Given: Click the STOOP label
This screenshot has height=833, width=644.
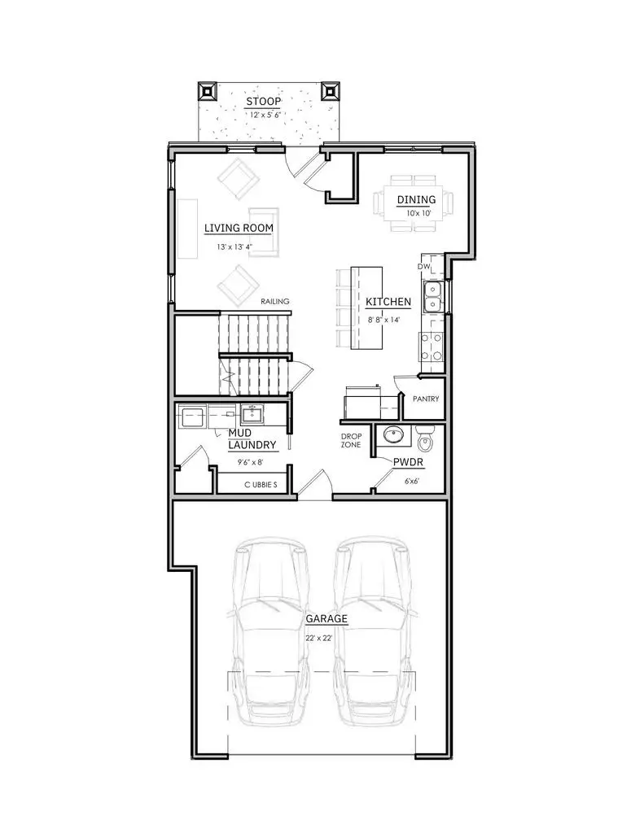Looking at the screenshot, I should click(x=263, y=102).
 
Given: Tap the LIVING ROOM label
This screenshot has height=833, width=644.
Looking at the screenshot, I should click(x=238, y=228).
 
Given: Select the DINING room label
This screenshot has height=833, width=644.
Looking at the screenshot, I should click(x=415, y=199).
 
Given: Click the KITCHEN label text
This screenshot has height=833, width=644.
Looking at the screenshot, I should click(x=388, y=302).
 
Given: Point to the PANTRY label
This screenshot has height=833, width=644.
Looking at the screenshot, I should click(x=426, y=399).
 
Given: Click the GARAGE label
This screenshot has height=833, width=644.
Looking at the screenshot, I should click(x=326, y=618).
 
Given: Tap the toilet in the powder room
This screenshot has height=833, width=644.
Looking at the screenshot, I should click(x=425, y=439).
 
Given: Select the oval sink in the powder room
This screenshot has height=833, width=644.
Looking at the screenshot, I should click(x=392, y=435).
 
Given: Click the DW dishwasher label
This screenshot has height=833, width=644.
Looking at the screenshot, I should click(x=423, y=266).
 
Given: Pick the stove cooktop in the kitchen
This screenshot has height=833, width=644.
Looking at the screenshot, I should click(x=431, y=347).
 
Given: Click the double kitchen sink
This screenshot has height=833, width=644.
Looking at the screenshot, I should click(x=432, y=297).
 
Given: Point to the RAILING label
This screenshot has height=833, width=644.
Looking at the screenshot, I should click(x=275, y=302).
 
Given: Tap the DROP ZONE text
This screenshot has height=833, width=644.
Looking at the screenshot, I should click(x=351, y=440).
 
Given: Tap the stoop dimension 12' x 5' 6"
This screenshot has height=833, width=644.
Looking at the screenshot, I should click(x=263, y=116).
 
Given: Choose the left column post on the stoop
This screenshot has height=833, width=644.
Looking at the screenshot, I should click(x=208, y=89).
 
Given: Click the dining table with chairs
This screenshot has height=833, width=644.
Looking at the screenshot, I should click(x=415, y=202).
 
